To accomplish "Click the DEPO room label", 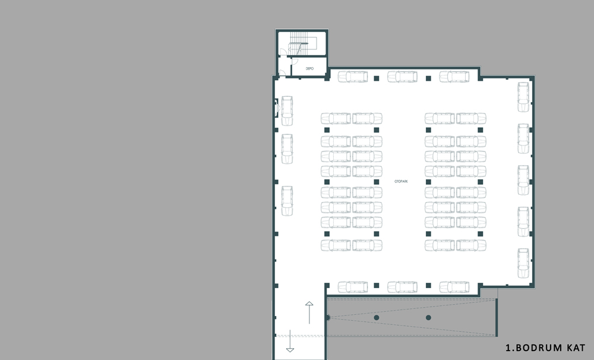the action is pyautogui.click(x=309, y=68).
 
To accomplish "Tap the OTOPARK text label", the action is pyautogui.click(x=401, y=182).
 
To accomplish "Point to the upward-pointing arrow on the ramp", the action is pyautogui.click(x=309, y=312).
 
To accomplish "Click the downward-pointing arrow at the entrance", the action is pyautogui.click(x=290, y=341).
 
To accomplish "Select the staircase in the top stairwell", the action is pyautogui.click(x=298, y=43).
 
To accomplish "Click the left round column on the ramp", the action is pyautogui.click(x=376, y=318).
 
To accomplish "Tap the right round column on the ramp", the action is pyautogui.click(x=428, y=318).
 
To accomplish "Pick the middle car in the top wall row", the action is pyautogui.click(x=402, y=77).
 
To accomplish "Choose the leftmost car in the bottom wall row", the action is pyautogui.click(x=353, y=287).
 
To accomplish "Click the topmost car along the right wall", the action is pyautogui.click(x=523, y=97).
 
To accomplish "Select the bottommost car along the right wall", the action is pyautogui.click(x=523, y=263).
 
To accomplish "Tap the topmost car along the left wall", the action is pyautogui.click(x=287, y=110).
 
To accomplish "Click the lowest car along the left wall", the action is pyautogui.click(x=287, y=201).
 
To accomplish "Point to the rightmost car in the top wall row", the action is pyautogui.click(x=454, y=77).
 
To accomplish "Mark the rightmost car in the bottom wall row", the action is pyautogui.click(x=454, y=287).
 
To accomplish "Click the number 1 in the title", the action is pyautogui.click(x=508, y=348).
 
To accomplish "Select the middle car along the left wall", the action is pyautogui.click(x=287, y=149).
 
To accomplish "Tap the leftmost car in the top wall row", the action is pyautogui.click(x=353, y=77).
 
